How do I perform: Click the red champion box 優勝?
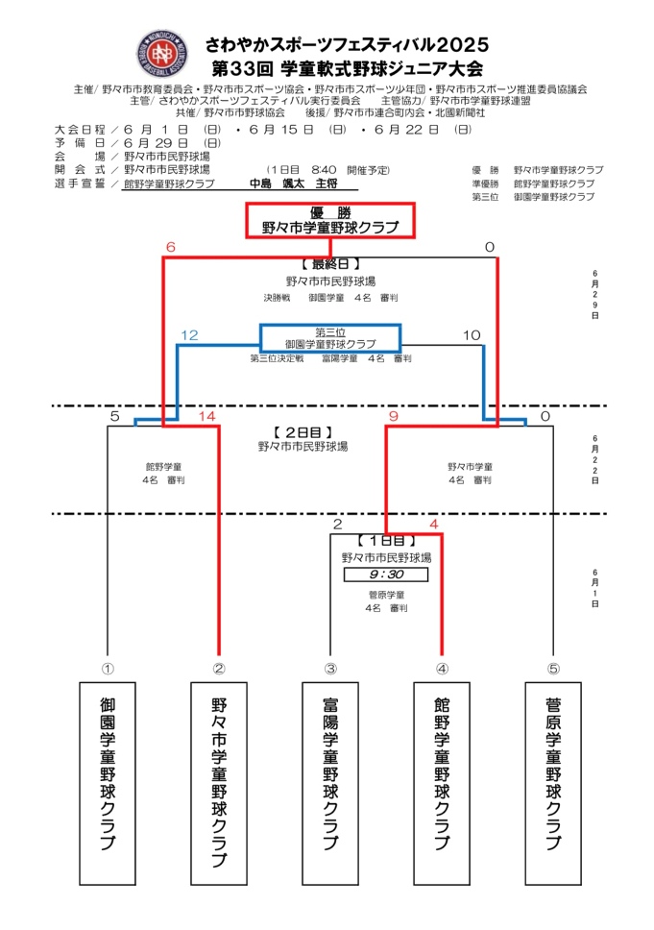pos(329,220)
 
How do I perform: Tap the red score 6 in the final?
pos(170,248)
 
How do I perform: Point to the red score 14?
pos(207,417)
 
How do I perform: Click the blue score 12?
pos(188,335)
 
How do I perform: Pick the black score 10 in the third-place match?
pos(471,335)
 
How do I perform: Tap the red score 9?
pos(393,417)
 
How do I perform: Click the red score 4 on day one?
pos(434,525)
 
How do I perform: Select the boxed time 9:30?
pos(385,575)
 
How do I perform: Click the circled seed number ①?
pos(108,669)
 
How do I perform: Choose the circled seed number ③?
pos(330,669)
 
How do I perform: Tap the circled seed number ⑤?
pos(553,669)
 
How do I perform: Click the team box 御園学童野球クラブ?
pos(108,783)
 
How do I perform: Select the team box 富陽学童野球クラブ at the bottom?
pos(330,783)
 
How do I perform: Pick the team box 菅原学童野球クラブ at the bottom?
pos(553,783)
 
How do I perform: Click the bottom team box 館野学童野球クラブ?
pos(442,783)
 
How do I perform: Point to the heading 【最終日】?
pos(329,262)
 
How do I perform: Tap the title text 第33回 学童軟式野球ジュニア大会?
pos(347,68)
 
